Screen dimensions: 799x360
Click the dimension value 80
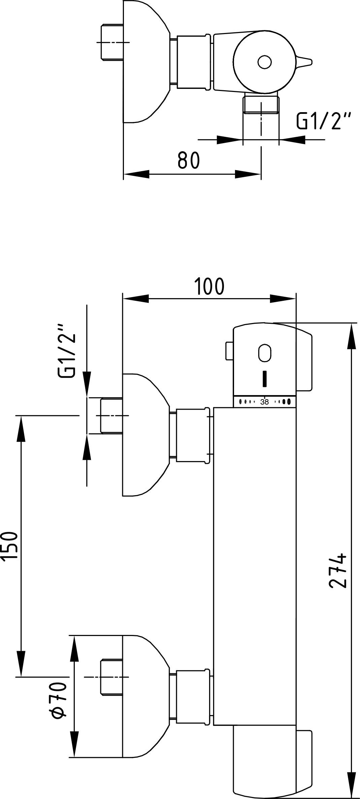coord(189,160)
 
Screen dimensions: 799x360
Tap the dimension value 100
coord(209,287)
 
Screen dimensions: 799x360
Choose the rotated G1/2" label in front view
coord(66,351)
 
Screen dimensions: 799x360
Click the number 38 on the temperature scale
coord(265,402)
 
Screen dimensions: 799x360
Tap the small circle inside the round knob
coord(264,62)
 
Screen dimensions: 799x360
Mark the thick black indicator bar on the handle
coord(265,379)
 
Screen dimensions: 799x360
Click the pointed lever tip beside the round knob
coord(306,62)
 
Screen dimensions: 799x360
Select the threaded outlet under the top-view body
coord(261,104)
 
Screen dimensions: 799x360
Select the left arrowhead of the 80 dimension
coord(136,174)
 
